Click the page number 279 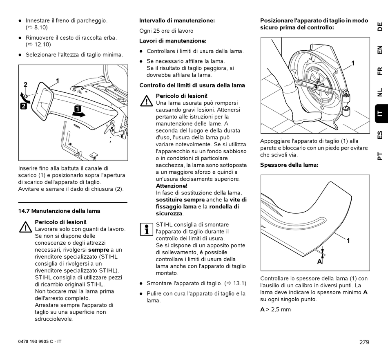coord(364,342)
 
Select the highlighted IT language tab coord(380,114)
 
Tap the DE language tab coord(380,27)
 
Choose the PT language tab coord(380,156)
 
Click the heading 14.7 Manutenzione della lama coord(59,211)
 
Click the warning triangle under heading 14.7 coord(25,226)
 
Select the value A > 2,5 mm coord(276,309)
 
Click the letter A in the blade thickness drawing coord(319,262)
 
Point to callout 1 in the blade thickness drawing coord(348,241)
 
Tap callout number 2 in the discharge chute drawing coord(25,85)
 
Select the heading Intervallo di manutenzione coord(177,20)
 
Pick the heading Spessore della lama coord(289,165)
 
